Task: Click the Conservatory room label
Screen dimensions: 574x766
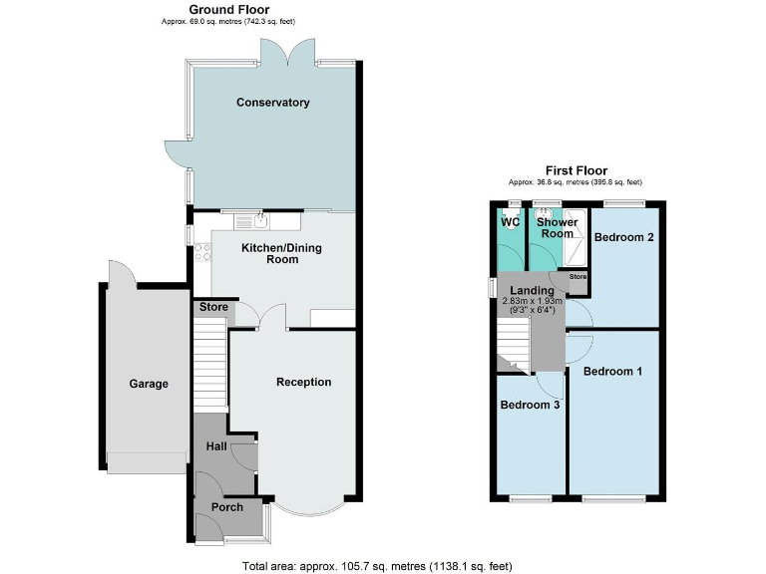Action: tap(272, 103)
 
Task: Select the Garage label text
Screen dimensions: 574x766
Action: tap(149, 384)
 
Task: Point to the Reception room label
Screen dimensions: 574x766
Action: tap(303, 382)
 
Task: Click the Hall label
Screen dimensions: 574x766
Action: tap(216, 446)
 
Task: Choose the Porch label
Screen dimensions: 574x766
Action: tap(226, 506)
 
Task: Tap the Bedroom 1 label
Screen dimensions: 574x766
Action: tap(612, 372)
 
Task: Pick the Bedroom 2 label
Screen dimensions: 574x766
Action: tap(623, 237)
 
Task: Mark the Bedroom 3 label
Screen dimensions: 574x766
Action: tap(530, 405)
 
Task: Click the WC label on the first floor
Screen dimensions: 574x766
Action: tap(509, 221)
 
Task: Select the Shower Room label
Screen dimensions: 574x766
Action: tap(557, 227)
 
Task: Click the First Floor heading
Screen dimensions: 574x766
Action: tap(575, 170)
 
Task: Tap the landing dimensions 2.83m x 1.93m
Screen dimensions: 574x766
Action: tap(532, 300)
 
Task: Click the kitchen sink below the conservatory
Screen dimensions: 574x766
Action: tap(259, 218)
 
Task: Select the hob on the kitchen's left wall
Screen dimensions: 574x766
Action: tap(203, 253)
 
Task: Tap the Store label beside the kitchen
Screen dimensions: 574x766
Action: tap(213, 307)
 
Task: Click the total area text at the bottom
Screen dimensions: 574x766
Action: tap(377, 565)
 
